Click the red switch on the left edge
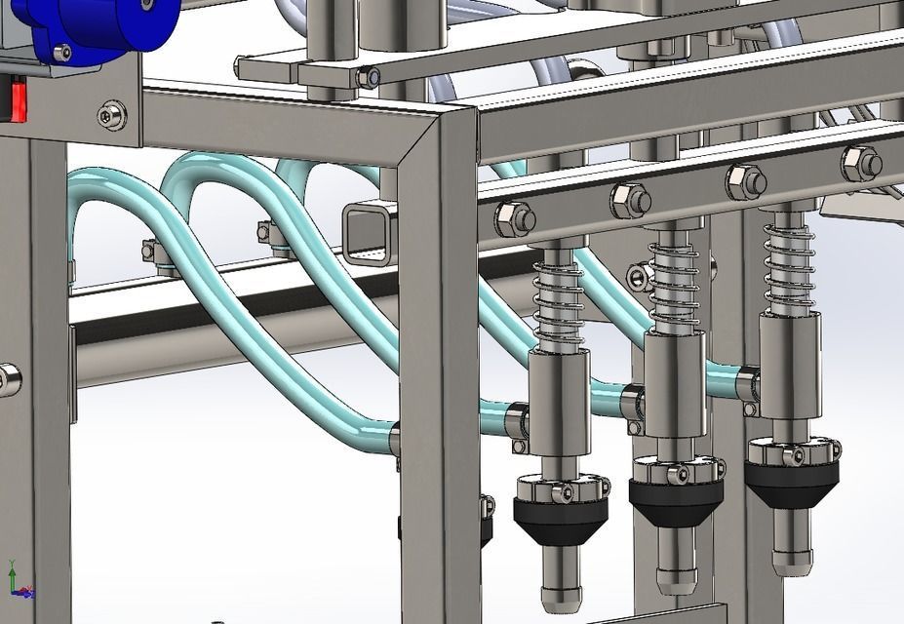click(x=16, y=100)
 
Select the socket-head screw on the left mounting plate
click(x=112, y=115)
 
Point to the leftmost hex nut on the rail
click(x=514, y=218)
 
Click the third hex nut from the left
click(x=746, y=181)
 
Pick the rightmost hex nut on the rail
click(x=862, y=163)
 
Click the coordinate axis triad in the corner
click(x=19, y=581)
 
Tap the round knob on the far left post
click(x=8, y=379)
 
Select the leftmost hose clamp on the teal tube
click(x=151, y=253)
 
